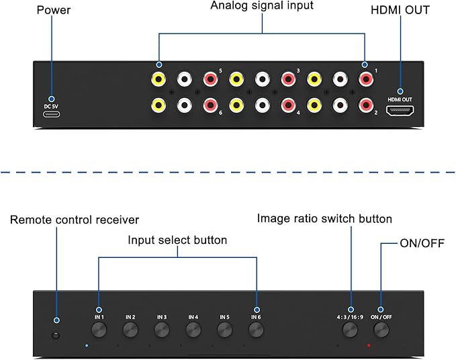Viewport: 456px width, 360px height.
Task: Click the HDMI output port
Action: [x=400, y=111]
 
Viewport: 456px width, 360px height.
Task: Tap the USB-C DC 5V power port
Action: [x=52, y=114]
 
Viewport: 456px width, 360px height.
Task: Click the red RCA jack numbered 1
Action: [x=366, y=79]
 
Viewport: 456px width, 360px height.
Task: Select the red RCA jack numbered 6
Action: [x=211, y=105]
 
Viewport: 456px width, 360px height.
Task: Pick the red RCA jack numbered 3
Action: [x=288, y=79]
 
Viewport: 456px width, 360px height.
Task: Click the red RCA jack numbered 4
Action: [x=288, y=105]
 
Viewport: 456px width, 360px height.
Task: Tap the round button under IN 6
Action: [x=257, y=330]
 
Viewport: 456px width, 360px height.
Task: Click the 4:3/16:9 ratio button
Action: [x=350, y=330]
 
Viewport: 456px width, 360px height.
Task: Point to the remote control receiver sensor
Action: [x=56, y=335]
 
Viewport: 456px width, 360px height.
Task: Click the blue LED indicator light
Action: [x=87, y=345]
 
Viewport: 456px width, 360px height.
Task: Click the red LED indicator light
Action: [x=369, y=345]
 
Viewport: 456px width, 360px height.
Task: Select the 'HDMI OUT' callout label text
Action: [x=400, y=10]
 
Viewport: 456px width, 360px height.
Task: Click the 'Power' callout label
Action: [x=54, y=10]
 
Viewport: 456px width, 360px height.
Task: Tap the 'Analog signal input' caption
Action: [x=262, y=5]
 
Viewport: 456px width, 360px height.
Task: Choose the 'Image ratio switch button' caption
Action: [x=324, y=219]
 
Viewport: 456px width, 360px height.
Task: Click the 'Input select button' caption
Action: [x=177, y=240]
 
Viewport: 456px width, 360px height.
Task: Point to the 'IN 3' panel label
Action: [x=162, y=317]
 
